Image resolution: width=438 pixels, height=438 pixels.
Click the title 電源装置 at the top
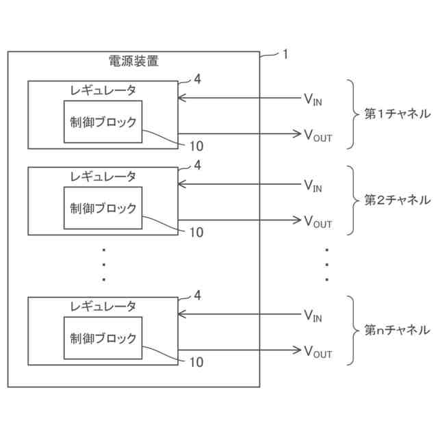(134, 62)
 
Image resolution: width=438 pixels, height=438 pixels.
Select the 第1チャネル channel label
(397, 114)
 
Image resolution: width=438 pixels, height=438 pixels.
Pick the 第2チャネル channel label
(397, 201)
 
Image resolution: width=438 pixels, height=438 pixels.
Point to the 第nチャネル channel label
(397, 331)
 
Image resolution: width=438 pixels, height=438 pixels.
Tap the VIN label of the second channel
(313, 185)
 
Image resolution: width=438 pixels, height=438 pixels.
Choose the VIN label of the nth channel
(313, 315)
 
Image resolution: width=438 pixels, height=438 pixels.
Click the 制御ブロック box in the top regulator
(103, 122)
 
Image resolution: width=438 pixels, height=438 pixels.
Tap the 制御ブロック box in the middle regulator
(103, 208)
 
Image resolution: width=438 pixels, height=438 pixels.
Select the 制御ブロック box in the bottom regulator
(103, 338)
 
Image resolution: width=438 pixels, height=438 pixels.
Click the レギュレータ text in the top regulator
(103, 90)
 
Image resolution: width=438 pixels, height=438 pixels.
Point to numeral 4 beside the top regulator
(197, 79)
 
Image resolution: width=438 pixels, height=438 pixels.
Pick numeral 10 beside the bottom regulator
(196, 362)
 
